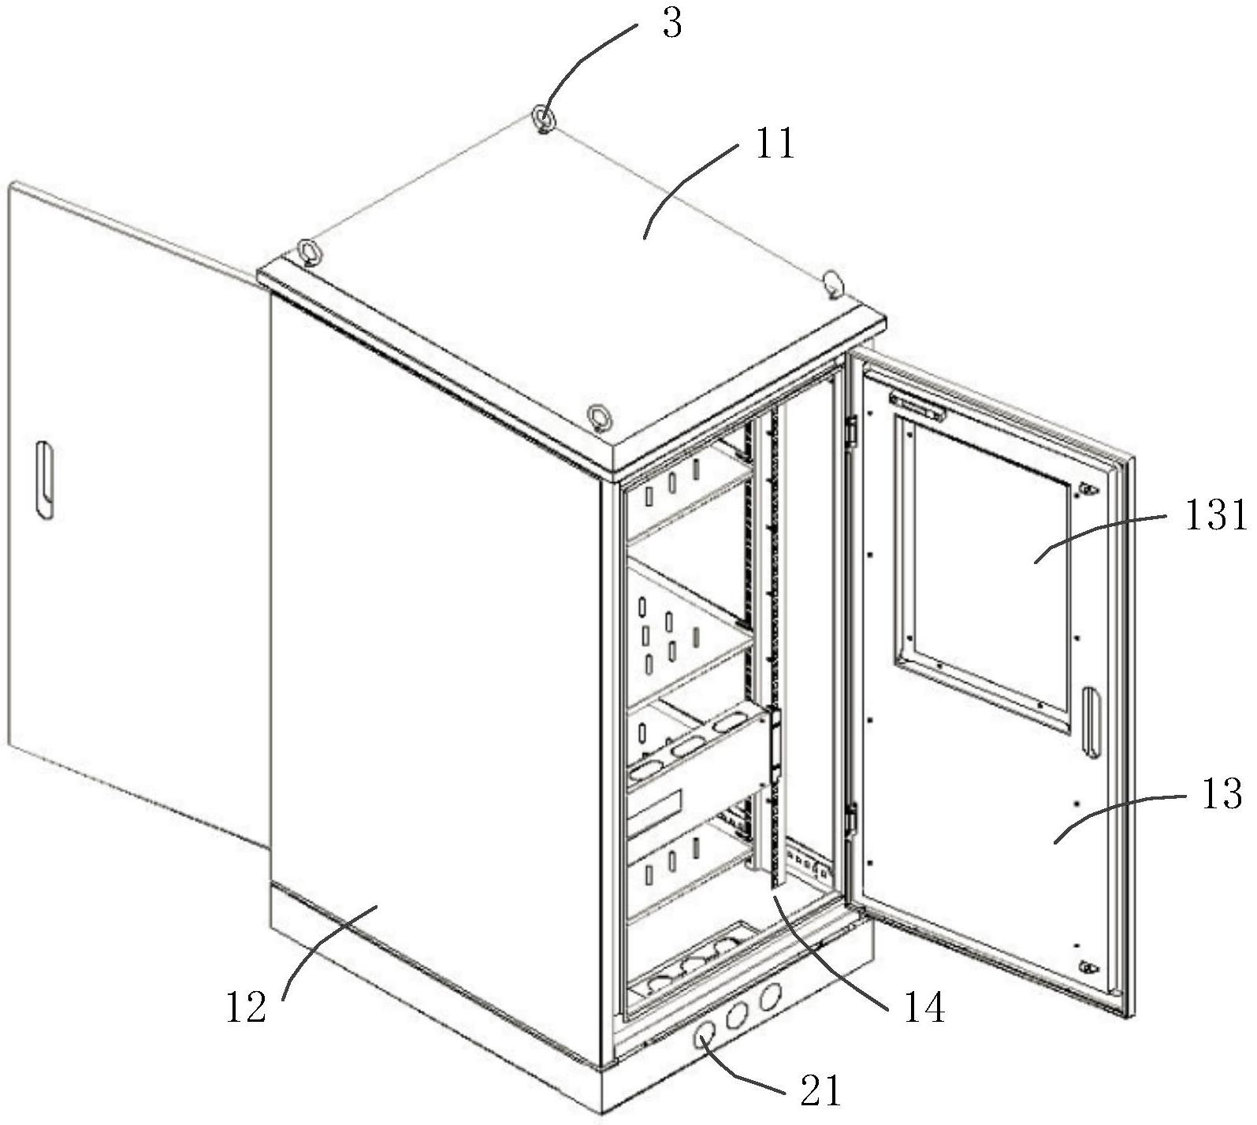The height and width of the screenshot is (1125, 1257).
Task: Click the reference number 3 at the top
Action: pyautogui.click(x=671, y=24)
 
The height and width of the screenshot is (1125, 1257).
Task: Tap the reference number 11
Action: pyautogui.click(x=775, y=144)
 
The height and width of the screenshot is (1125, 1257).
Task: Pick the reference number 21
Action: pyautogui.click(x=820, y=1091)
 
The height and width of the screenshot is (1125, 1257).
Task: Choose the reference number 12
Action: pyautogui.click(x=247, y=1007)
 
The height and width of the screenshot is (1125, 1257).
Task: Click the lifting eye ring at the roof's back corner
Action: pyautogui.click(x=544, y=118)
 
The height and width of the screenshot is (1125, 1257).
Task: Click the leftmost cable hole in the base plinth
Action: pyautogui.click(x=705, y=1037)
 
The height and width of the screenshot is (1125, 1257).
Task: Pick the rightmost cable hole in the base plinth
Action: pyautogui.click(x=771, y=997)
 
